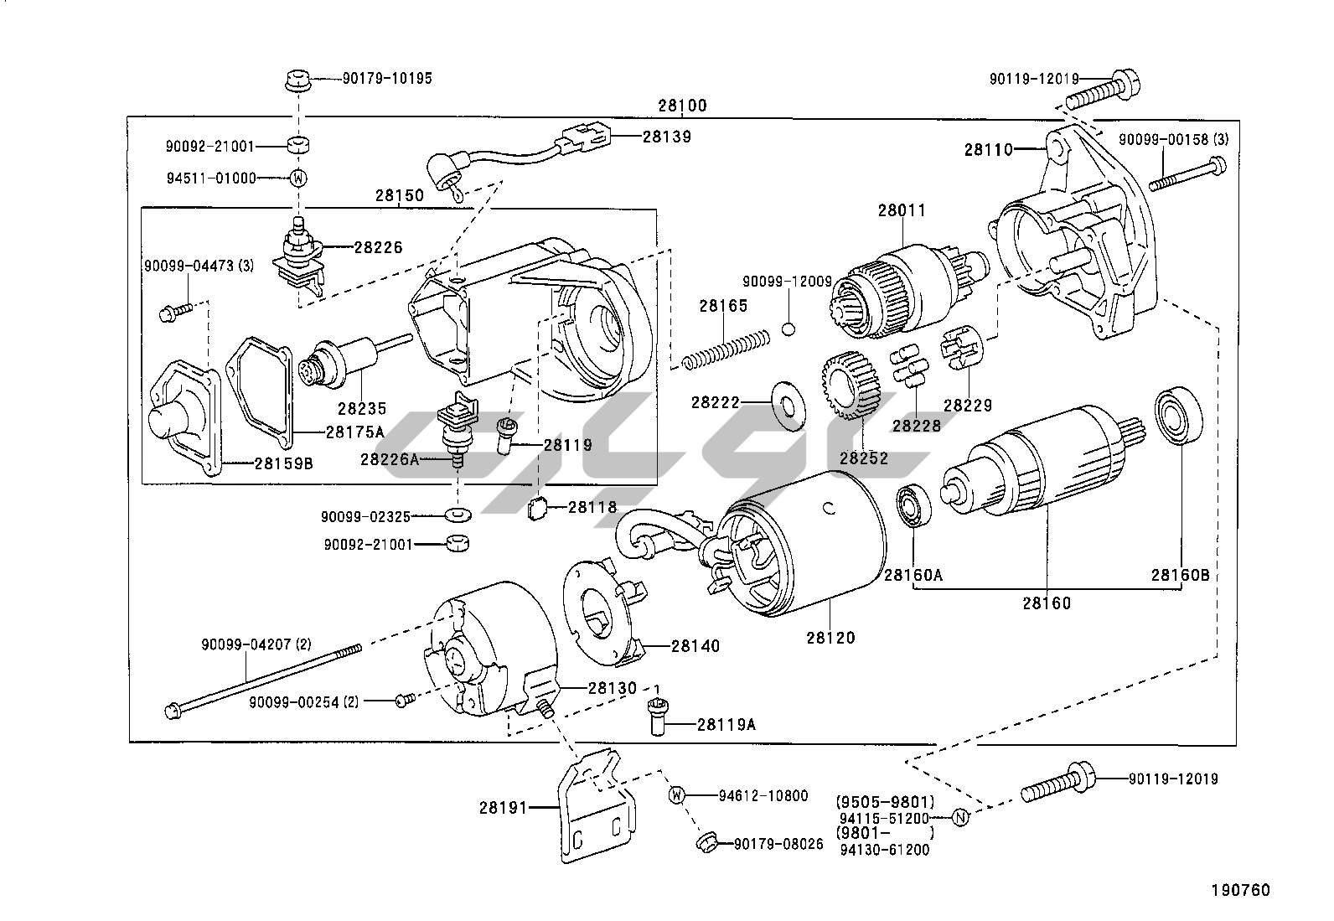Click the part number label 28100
coord(682,106)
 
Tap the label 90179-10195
coord(387,79)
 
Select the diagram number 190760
coord(1239,890)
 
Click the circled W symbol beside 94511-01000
coord(297,178)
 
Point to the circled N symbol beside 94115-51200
coord(961,818)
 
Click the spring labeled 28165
coord(725,349)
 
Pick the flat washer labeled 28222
coord(785,403)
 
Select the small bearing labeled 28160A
coord(911,506)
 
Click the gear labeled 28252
coord(848,386)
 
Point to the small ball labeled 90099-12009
coord(788,328)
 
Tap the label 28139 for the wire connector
coord(667,137)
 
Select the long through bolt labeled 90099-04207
coord(260,680)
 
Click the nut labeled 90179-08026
coord(706,841)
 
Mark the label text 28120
coord(831,638)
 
